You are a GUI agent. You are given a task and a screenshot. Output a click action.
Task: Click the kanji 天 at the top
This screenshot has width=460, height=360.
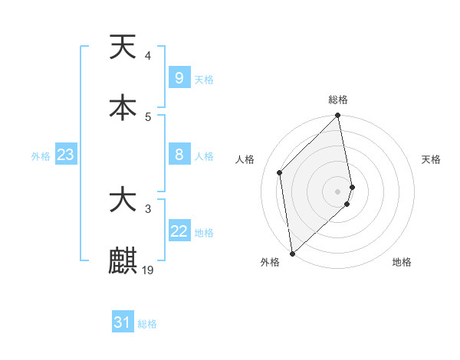click(123, 47)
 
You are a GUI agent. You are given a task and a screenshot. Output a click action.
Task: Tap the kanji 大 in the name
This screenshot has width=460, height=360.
click(123, 200)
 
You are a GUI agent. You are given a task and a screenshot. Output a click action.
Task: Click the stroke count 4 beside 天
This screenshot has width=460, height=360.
click(147, 55)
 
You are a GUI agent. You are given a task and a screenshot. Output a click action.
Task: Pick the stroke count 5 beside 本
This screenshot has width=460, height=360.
click(147, 116)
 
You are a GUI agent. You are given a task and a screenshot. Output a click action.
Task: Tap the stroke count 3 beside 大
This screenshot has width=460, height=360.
click(147, 208)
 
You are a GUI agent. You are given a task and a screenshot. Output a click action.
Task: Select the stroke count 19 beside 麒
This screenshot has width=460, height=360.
click(149, 270)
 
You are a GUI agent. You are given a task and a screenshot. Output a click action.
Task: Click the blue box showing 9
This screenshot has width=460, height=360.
click(179, 77)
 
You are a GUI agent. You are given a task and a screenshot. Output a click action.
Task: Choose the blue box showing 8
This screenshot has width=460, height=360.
click(179, 155)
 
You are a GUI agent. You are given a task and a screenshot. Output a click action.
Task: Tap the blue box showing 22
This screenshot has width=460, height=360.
click(179, 231)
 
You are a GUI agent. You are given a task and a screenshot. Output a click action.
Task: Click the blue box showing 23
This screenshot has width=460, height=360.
click(65, 155)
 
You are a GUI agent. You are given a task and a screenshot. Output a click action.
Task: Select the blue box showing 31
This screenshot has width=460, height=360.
click(123, 322)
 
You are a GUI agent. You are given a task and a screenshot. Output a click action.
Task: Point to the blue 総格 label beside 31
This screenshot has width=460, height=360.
click(147, 324)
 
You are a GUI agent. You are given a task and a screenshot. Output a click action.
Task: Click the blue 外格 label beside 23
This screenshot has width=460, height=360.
click(41, 155)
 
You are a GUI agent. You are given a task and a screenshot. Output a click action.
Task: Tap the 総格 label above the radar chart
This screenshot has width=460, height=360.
click(338, 100)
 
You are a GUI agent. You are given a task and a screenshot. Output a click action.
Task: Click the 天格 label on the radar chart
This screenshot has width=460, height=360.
click(432, 159)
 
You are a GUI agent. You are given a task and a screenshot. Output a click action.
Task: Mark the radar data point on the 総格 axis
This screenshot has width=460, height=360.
click(338, 116)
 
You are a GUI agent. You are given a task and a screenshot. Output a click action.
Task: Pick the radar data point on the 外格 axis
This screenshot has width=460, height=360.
click(291, 253)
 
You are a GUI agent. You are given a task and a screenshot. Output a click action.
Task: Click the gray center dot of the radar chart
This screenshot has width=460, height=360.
click(338, 191)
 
